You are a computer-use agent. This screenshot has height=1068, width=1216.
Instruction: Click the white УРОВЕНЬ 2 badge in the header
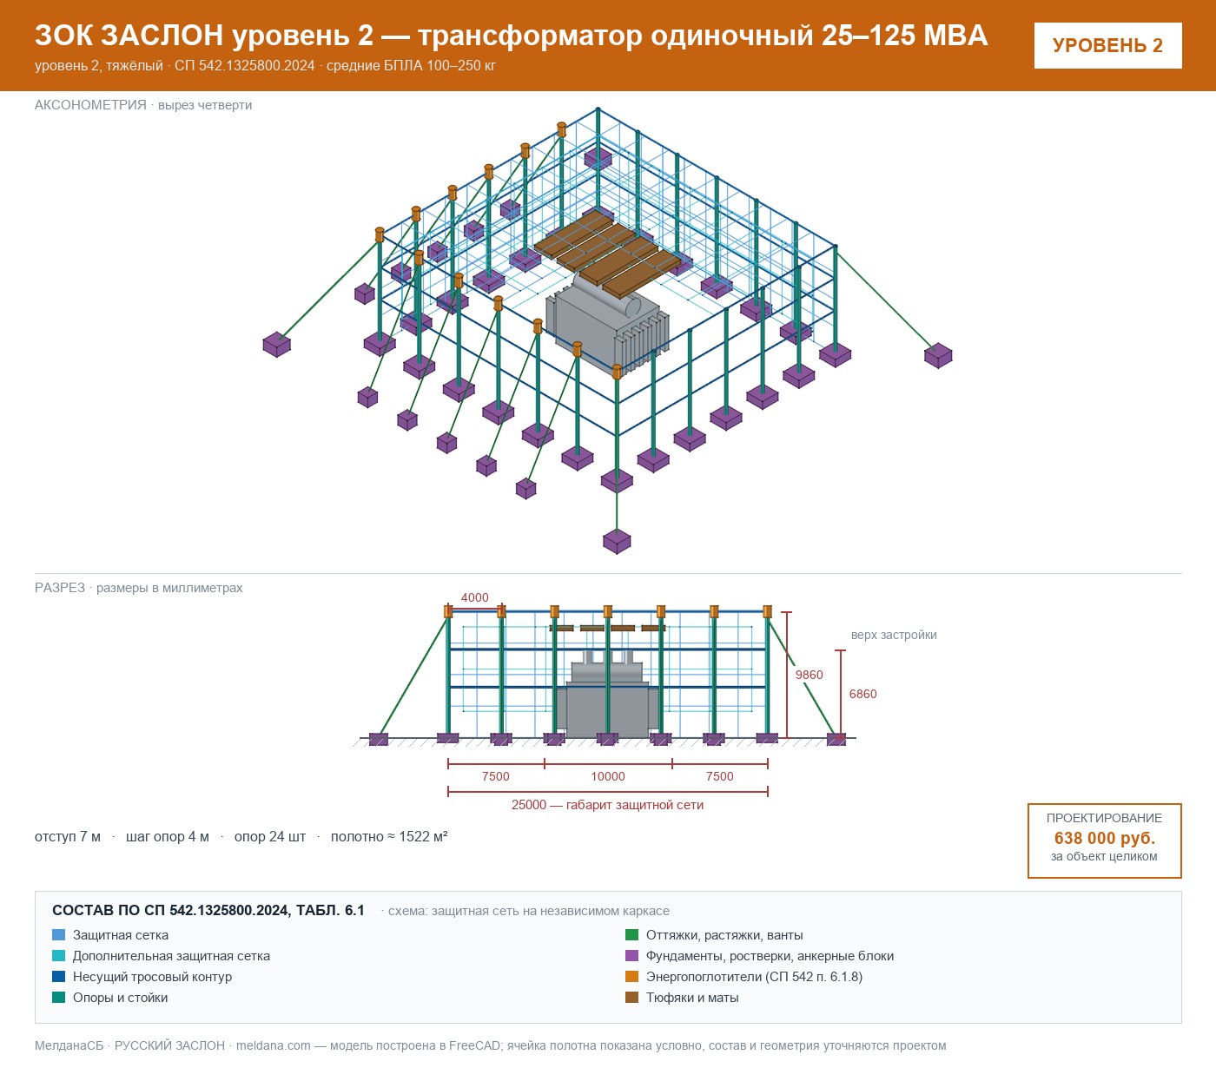point(1107,46)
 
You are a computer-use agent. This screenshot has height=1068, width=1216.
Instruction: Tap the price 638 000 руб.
point(1104,838)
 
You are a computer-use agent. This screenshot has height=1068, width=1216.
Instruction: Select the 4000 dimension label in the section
point(474,597)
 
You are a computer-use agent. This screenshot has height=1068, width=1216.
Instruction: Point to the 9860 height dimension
point(809,675)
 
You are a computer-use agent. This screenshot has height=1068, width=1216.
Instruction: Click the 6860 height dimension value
point(862,695)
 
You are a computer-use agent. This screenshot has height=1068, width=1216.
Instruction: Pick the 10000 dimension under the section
point(607,776)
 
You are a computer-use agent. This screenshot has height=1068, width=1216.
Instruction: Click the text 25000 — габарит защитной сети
point(607,805)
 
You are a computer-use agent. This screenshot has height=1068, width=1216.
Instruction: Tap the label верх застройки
point(894,635)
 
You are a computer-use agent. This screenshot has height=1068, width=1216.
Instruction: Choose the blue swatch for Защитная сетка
point(59,935)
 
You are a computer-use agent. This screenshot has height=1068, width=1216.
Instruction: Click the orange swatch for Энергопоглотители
point(631,976)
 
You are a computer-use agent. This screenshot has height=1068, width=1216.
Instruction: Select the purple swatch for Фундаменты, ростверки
point(631,956)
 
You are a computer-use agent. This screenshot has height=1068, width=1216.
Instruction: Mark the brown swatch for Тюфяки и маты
point(631,997)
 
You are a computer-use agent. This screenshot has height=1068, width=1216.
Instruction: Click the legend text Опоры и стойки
point(120,997)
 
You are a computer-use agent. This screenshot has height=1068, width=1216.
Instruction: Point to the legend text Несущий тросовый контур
point(152,977)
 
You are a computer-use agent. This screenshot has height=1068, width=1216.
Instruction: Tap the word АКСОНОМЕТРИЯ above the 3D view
point(90,105)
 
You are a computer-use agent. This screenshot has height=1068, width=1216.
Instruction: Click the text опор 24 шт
point(270,836)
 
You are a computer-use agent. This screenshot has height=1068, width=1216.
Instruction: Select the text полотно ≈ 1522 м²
point(389,836)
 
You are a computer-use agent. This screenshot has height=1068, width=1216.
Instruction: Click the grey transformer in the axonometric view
point(606,327)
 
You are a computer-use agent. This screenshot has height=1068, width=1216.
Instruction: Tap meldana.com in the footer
point(273,1045)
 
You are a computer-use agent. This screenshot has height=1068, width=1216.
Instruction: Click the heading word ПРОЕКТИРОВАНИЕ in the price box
point(1104,818)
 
